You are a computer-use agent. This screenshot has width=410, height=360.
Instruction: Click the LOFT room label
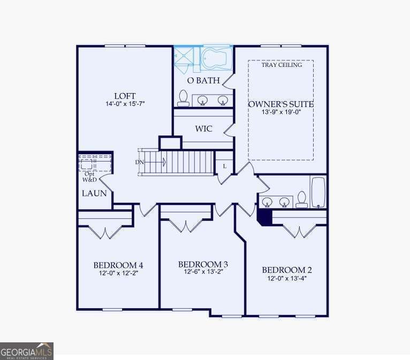click(125, 96)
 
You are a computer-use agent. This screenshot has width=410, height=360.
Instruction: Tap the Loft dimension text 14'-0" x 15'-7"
click(125, 104)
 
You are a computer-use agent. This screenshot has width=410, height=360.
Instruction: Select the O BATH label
click(203, 80)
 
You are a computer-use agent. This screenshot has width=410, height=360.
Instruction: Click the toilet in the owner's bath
click(183, 98)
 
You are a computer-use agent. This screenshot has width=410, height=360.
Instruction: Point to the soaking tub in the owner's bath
click(216, 58)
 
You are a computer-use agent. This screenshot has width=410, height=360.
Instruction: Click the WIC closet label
click(203, 128)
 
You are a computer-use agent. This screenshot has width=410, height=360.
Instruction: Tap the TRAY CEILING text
click(282, 65)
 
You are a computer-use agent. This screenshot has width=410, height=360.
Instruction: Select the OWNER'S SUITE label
click(281, 104)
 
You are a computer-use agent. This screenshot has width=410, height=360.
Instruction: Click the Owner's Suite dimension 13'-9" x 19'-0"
click(282, 112)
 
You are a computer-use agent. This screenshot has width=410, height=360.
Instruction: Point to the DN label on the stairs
click(139, 162)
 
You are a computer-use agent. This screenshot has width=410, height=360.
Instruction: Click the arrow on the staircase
click(155, 162)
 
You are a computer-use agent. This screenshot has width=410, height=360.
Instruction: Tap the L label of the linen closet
click(225, 166)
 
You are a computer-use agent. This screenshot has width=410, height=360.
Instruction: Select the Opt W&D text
click(89, 177)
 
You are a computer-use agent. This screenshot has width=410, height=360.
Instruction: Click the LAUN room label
click(94, 193)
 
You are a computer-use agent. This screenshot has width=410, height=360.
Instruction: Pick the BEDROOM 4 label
click(118, 265)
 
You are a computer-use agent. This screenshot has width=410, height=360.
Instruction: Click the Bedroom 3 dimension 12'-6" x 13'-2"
click(203, 272)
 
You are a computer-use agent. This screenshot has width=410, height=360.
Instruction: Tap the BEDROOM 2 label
click(287, 270)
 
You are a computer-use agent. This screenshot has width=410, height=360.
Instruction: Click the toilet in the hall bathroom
click(302, 200)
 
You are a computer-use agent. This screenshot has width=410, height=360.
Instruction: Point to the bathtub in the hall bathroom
click(318, 193)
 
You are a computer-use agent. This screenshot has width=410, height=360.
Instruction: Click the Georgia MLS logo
click(27, 351)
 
